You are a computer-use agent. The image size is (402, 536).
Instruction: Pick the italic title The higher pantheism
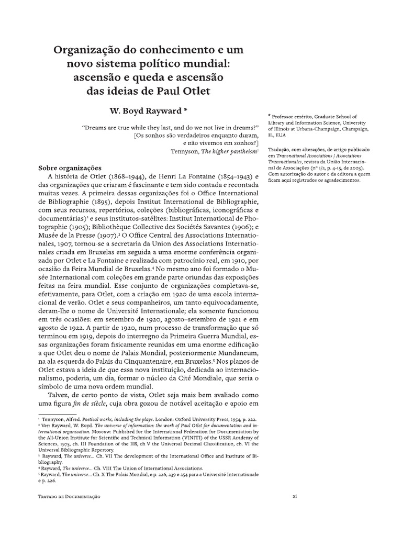click(x=224, y=151)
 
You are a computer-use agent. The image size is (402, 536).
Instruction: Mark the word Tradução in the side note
click(x=279, y=149)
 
